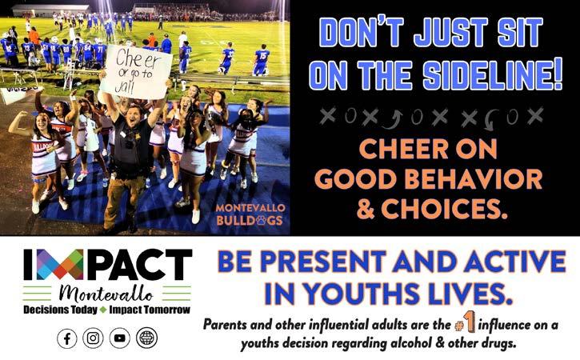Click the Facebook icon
tap(67, 338)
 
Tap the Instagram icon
tap(93, 338)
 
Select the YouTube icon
tap(119, 338)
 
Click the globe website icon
tap(146, 338)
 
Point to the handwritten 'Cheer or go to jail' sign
tap(137, 72)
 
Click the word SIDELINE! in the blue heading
tap(492, 75)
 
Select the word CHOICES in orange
tap(443, 209)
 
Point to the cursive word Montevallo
tap(106, 294)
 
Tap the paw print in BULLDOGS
tap(261, 221)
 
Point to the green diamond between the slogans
tap(103, 310)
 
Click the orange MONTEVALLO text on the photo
tap(250, 208)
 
